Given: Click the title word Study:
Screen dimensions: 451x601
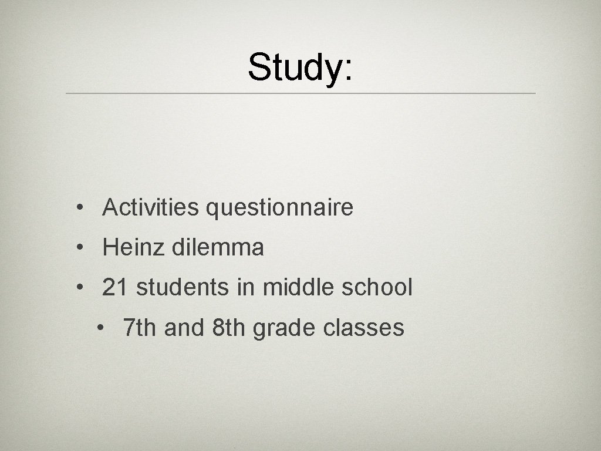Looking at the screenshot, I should [x=300, y=67].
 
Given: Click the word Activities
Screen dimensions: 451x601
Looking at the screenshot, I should [x=150, y=207].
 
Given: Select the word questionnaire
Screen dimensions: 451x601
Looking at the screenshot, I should [x=279, y=207].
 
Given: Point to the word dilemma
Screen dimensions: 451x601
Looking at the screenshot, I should [x=218, y=248].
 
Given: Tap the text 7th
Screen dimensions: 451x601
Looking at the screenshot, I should [x=140, y=328].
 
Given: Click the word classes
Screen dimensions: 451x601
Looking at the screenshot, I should [x=363, y=328].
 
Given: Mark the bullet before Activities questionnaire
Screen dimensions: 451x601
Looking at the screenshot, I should [x=78, y=208].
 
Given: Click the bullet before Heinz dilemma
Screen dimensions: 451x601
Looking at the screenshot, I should [x=78, y=248].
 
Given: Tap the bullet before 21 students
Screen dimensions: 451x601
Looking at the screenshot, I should [x=78, y=288].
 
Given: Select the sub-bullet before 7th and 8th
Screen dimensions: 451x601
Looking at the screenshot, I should [x=102, y=328].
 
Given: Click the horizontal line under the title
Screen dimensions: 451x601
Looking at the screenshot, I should [x=300, y=93].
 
